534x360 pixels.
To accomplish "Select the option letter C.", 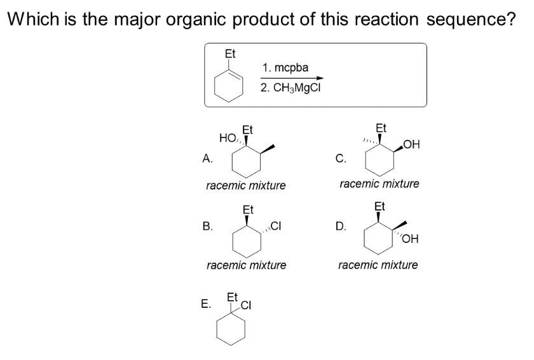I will coord(340,159).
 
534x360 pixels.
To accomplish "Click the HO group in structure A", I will coord(226,137).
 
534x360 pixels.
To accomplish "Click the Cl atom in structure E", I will coord(246,305).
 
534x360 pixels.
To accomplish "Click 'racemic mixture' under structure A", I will coord(246,186).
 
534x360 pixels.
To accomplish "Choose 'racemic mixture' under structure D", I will coord(378,264).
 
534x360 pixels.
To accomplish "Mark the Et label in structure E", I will coord(233,297).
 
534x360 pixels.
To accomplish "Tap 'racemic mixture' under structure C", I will coord(380,184).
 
